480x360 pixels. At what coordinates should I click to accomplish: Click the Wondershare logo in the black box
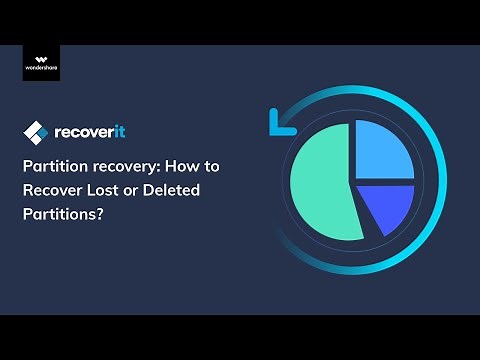tap(42, 63)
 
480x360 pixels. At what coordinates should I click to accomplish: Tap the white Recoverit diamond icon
tap(36, 132)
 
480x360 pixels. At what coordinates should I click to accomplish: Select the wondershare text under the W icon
tap(42, 71)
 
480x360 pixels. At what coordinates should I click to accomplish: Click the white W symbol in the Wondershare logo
tap(42, 58)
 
